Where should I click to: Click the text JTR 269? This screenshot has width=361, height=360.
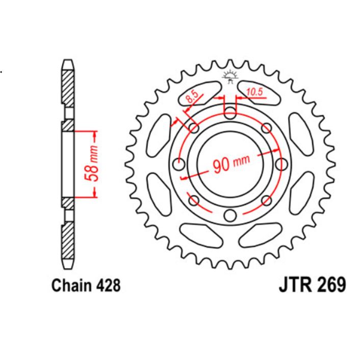(x=312, y=285)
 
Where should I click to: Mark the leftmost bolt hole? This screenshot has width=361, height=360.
(x=178, y=164)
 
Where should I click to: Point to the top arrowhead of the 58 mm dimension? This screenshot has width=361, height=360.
(x=95, y=133)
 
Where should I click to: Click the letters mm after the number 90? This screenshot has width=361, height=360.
(x=241, y=162)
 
